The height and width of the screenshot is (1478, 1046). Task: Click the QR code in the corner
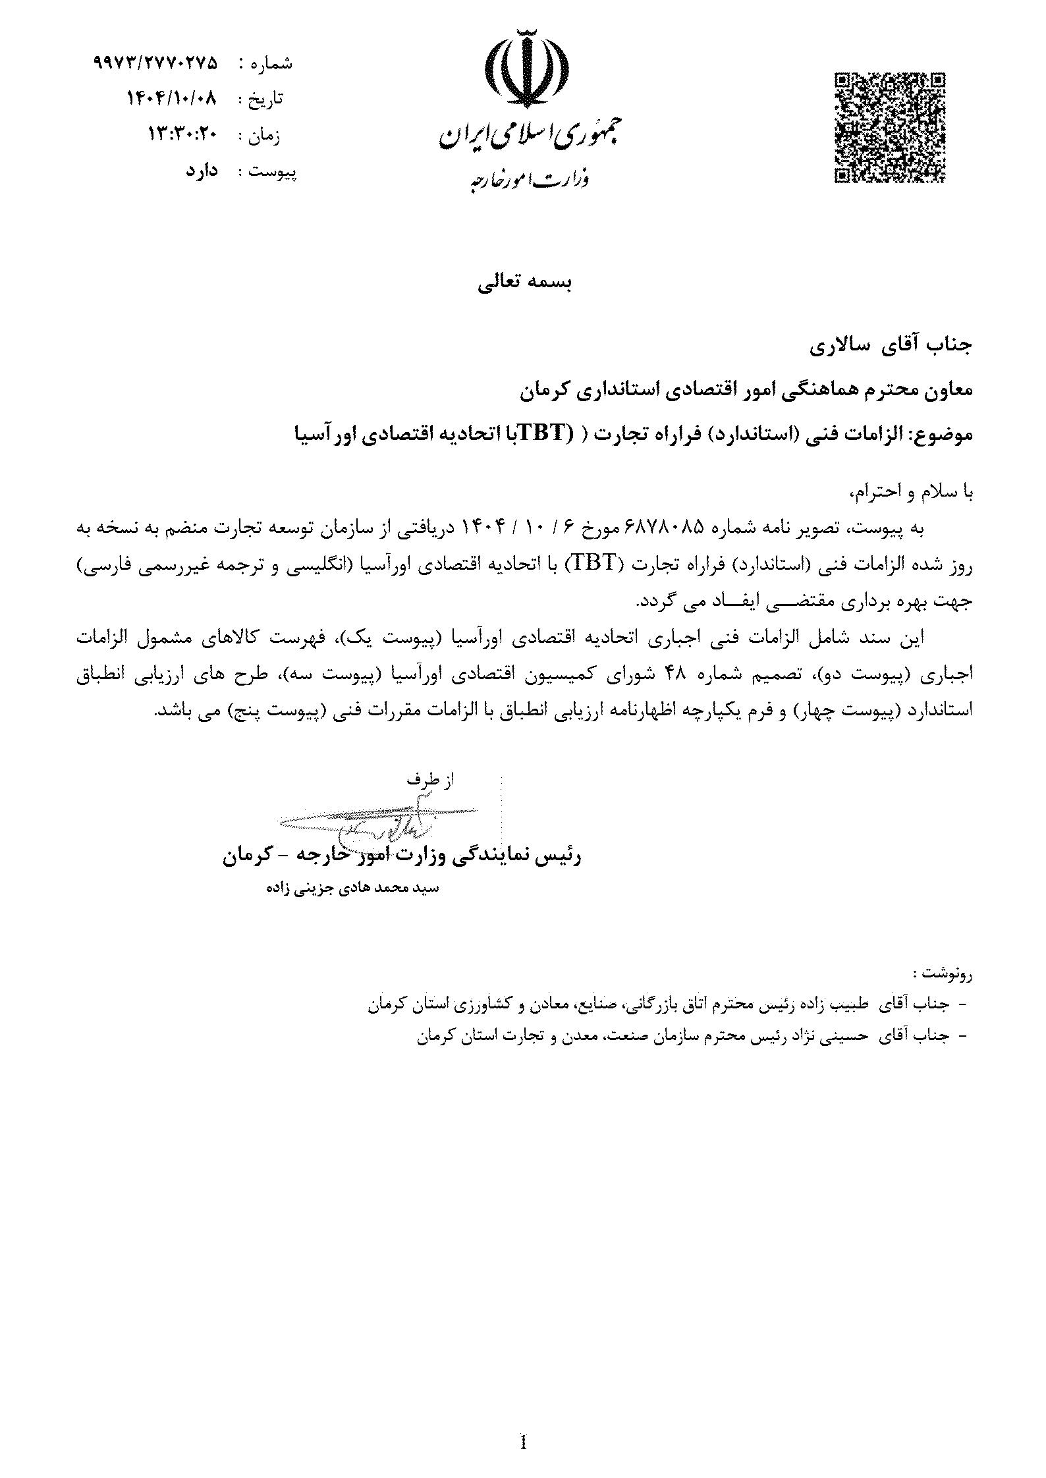click(x=889, y=127)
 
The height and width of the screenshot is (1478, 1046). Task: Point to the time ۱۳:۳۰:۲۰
click(x=182, y=134)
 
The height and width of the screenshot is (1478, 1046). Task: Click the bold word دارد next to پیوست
click(x=201, y=171)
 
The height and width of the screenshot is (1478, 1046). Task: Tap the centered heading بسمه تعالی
click(x=525, y=283)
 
